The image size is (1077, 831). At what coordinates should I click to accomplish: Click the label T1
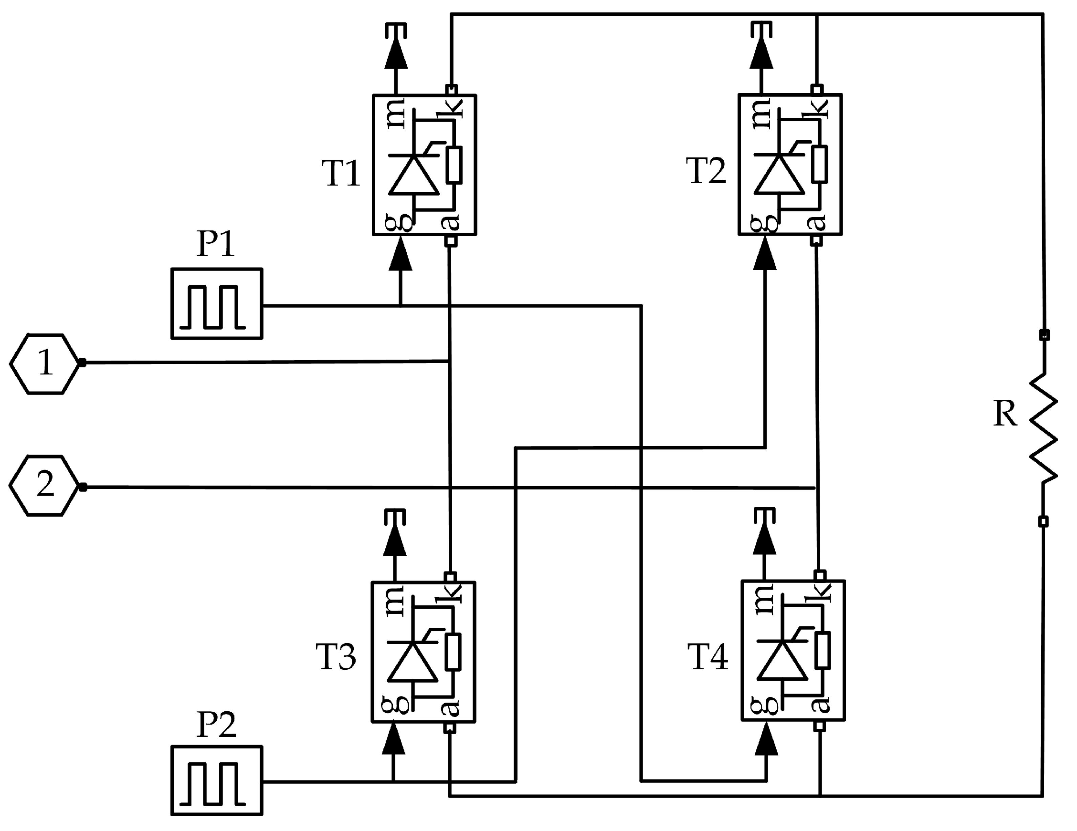tap(341, 173)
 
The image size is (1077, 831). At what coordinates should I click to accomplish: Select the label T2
tap(706, 171)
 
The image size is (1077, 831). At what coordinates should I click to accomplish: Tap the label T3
tap(336, 657)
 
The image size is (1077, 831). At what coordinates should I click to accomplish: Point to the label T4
tap(707, 657)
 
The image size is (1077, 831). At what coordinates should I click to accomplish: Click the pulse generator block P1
tap(216, 303)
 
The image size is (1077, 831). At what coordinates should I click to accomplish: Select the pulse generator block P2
tap(216, 780)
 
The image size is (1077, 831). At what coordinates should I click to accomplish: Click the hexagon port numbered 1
tap(45, 363)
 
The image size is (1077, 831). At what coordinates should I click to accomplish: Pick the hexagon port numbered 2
tap(45, 486)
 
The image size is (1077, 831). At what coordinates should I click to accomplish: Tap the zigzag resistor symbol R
tap(1043, 428)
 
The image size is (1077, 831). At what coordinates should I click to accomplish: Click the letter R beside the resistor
tap(1004, 414)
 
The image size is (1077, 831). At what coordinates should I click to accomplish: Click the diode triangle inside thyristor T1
tap(413, 176)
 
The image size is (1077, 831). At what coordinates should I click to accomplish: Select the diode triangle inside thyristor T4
tap(781, 662)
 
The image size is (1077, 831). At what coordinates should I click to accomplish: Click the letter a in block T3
tap(450, 708)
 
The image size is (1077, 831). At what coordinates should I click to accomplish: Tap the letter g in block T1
tap(399, 222)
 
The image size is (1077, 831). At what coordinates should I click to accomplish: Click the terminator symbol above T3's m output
tap(395, 516)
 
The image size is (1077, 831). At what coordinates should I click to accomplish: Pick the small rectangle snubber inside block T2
tap(820, 164)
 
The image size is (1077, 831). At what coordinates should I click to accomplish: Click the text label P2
tap(216, 725)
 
